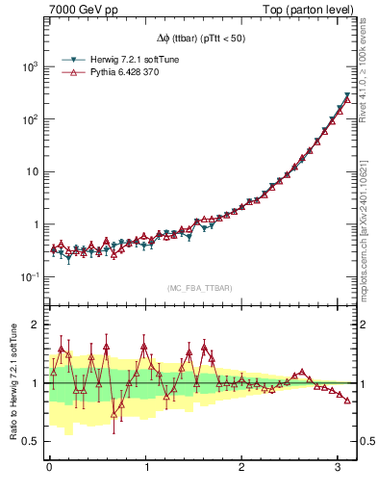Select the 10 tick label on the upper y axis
[x=33, y=172]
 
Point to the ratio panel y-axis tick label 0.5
[x=32, y=442]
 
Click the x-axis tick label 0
[x=49, y=467]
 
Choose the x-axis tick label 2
[x=242, y=467]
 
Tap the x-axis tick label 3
[x=339, y=467]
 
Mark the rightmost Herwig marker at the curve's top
[x=347, y=95]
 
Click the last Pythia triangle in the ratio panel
[x=347, y=400]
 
